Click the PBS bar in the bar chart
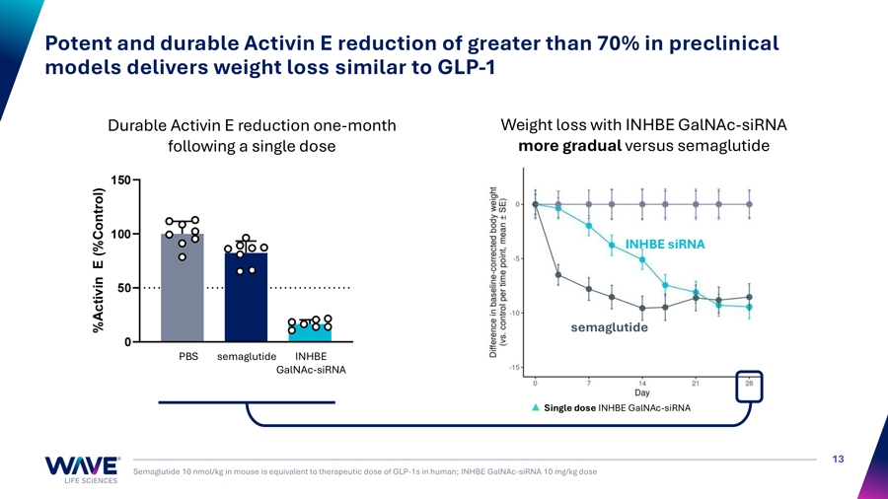pos(183,291)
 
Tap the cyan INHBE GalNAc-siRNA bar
pos(310,332)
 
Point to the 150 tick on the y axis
pos(119,180)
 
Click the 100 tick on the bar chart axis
pos(119,235)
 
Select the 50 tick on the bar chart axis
pos(123,288)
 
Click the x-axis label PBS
pos(188,356)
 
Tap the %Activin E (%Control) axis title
pos(99,259)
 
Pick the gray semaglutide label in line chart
pos(609,327)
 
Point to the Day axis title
pos(641,392)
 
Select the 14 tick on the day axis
pos(641,383)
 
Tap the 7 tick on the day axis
pos(588,383)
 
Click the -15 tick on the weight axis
pos(514,368)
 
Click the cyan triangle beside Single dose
pos(535,407)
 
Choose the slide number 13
pos(839,459)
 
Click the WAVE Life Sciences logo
pos(82,469)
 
